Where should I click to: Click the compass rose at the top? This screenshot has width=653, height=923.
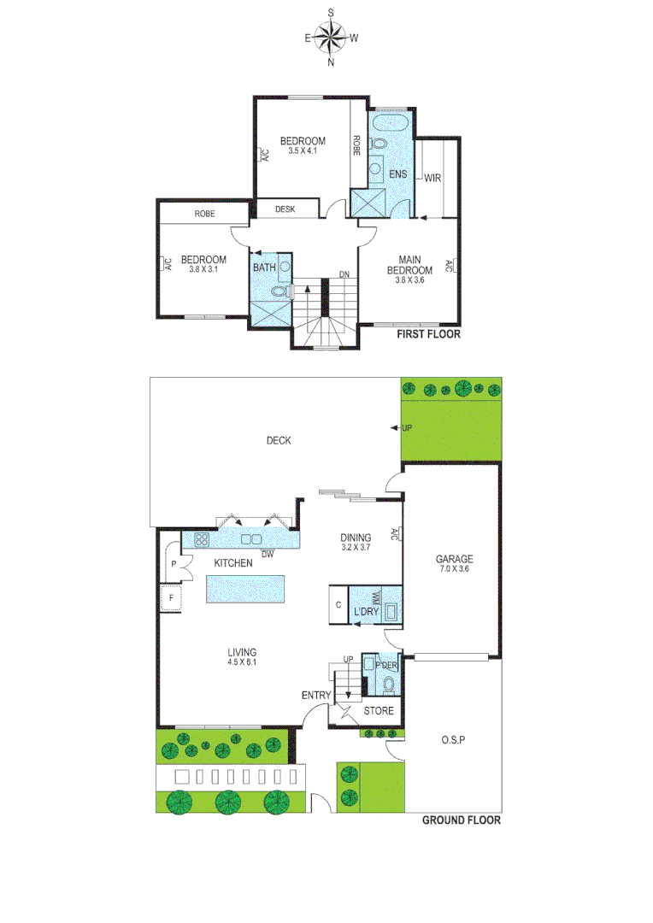coord(331,37)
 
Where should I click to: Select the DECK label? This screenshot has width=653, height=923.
coord(279,441)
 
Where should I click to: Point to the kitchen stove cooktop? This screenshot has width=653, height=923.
coord(203,539)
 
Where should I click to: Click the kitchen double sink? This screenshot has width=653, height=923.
coord(251,539)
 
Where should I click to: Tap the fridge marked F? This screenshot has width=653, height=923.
coord(172,598)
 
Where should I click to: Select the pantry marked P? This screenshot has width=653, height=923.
coord(174,564)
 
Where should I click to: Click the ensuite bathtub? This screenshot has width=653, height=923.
coord(389,125)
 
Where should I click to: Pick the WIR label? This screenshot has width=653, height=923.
coord(432,178)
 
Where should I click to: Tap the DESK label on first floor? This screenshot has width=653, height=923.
coord(285,209)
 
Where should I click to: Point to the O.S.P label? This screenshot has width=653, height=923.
coord(452,739)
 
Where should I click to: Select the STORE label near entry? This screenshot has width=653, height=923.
coord(379,710)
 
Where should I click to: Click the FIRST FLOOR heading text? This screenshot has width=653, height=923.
coord(428,335)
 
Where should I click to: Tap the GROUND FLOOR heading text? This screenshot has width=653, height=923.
coord(462,820)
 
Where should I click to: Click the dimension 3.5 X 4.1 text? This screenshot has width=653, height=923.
coord(303,151)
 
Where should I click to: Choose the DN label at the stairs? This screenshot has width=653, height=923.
coord(344,274)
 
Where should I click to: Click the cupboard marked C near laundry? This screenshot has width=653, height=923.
coord(338,605)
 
